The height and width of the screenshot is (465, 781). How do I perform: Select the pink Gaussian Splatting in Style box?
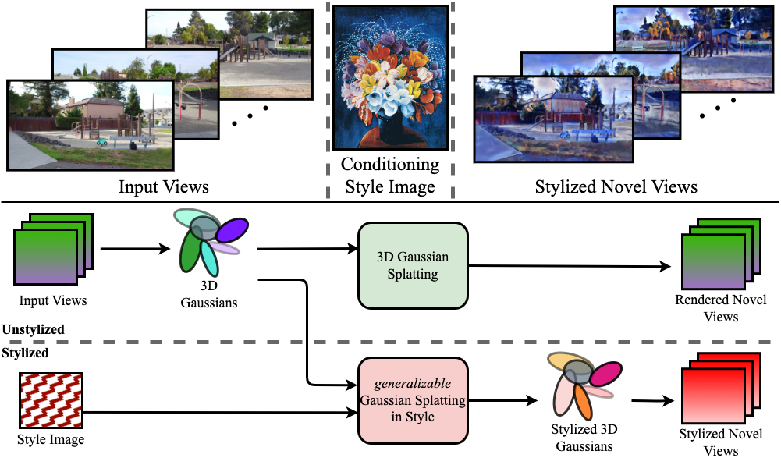pos(412,399)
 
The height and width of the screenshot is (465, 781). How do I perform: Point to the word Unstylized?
pos(34,330)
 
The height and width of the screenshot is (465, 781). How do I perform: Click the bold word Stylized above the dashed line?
pos(25,353)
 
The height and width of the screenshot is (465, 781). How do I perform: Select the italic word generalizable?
pos(412,384)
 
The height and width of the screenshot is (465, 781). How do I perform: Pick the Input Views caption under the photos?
pos(164,187)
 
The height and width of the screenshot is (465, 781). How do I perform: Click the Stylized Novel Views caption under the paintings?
pos(616,187)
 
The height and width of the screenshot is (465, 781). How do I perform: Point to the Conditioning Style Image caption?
pos(390,176)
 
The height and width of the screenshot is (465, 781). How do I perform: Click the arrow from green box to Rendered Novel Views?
pos(570,265)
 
